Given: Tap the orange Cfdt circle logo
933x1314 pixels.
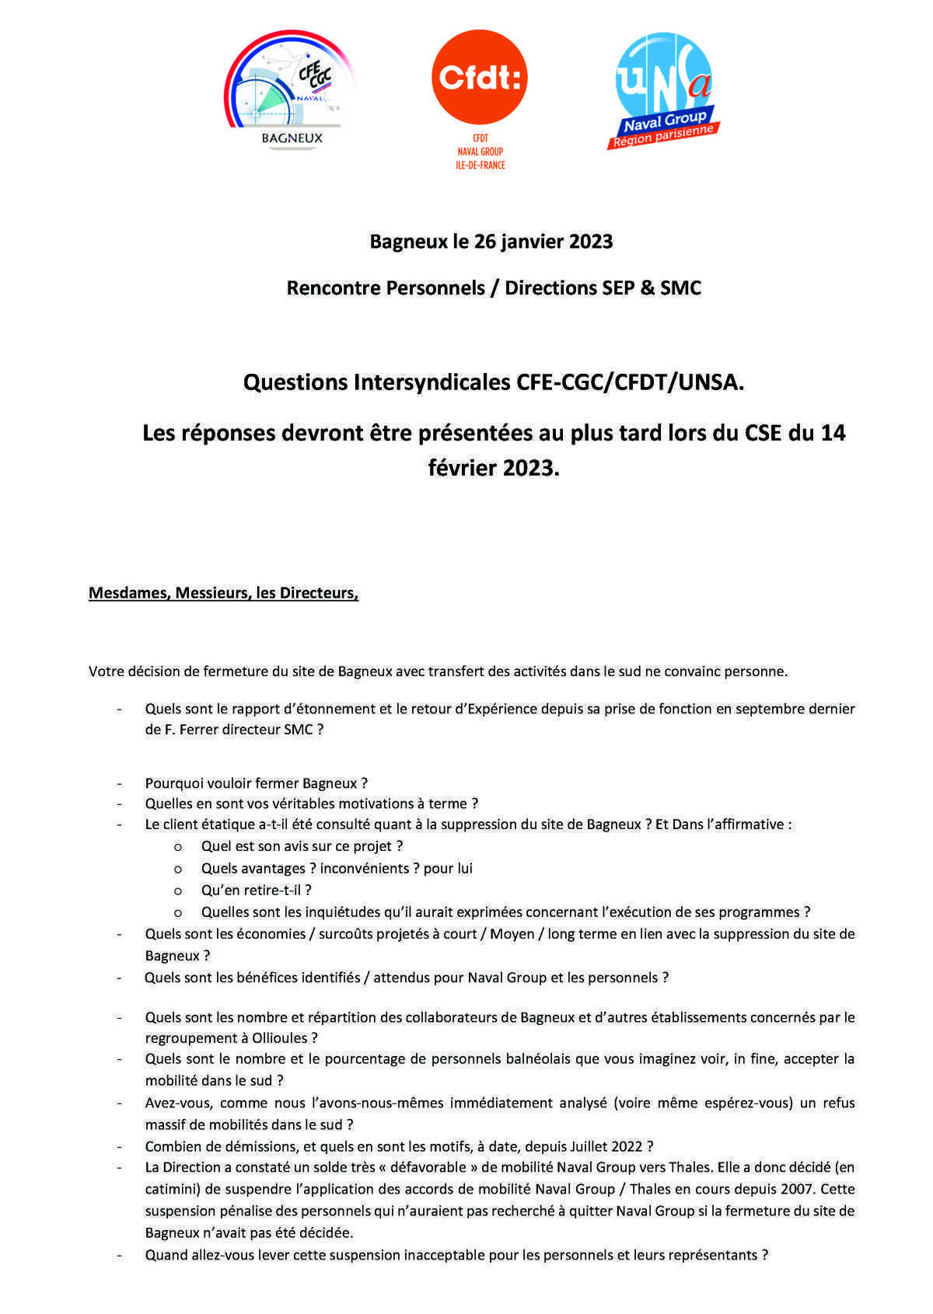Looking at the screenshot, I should (x=479, y=77).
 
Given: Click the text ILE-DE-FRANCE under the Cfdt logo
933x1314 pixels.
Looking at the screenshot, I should (x=480, y=166).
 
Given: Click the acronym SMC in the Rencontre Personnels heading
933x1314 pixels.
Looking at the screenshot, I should (x=680, y=288).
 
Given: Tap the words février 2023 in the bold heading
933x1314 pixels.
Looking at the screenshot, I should (x=493, y=468).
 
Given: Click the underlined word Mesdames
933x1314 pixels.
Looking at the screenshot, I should (x=129, y=594).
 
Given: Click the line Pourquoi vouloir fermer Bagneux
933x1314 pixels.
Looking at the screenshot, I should (x=256, y=783).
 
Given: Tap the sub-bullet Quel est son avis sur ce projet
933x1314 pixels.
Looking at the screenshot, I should (x=302, y=846).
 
